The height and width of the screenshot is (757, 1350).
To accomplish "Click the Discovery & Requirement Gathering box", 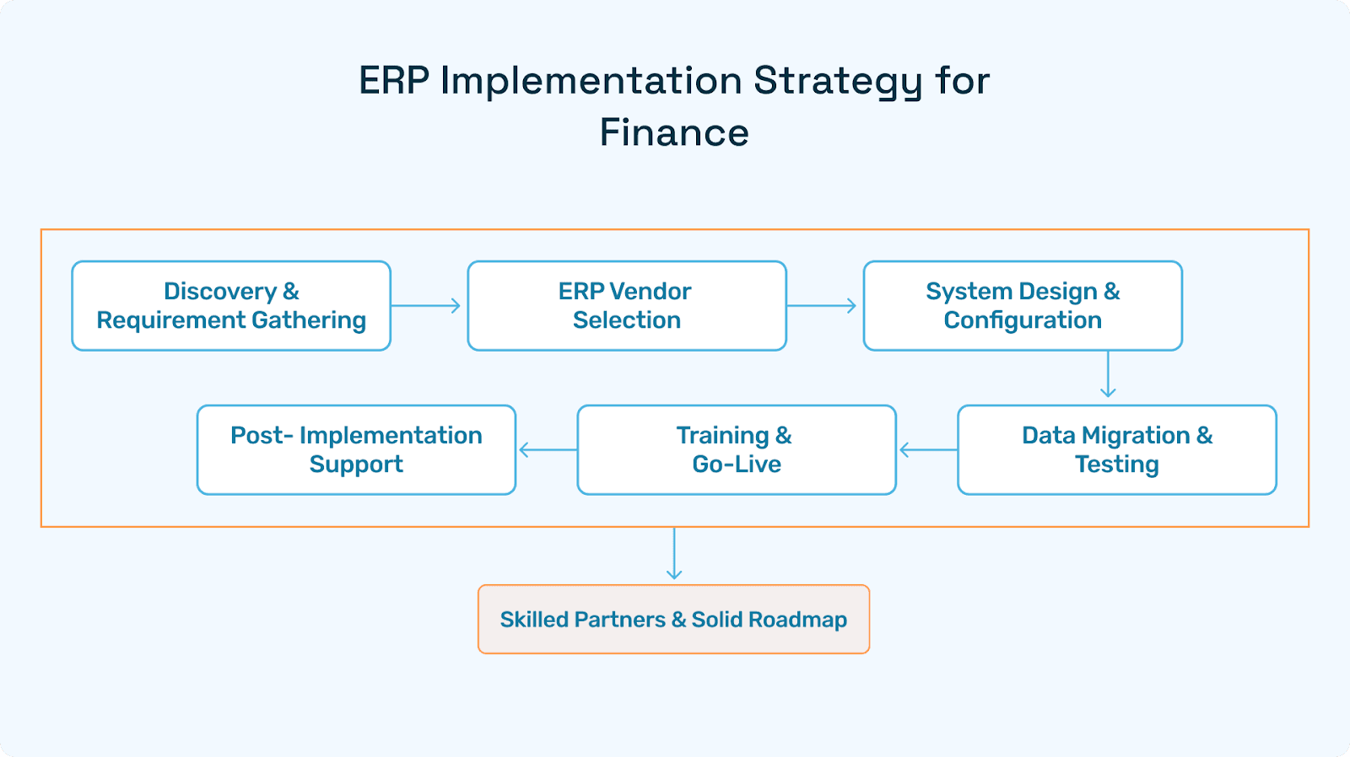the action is pyautogui.click(x=231, y=305).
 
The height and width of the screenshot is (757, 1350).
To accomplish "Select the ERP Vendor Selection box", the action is pyautogui.click(x=627, y=305).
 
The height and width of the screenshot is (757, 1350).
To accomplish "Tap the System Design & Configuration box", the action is pyautogui.click(x=1023, y=305).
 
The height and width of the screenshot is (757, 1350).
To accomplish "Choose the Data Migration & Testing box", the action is pyautogui.click(x=1117, y=449).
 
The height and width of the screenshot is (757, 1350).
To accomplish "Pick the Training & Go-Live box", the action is pyautogui.click(x=737, y=449).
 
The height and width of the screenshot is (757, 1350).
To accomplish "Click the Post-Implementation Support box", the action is pyautogui.click(x=356, y=449).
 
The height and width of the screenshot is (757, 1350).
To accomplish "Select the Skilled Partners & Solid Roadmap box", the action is pyautogui.click(x=673, y=620).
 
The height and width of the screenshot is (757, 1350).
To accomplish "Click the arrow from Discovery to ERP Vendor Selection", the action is pyautogui.click(x=427, y=305).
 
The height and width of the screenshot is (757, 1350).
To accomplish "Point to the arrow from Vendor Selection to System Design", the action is pyautogui.click(x=823, y=305).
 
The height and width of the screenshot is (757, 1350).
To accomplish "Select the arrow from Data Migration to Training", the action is pyautogui.click(x=927, y=450).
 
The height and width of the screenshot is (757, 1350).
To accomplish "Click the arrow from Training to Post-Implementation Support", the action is pyautogui.click(x=547, y=450).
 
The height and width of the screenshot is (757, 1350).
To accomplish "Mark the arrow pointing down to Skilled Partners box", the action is pyautogui.click(x=674, y=554).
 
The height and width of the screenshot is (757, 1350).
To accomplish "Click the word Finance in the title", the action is pyautogui.click(x=674, y=133).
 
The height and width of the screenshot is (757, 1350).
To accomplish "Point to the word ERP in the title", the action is pyautogui.click(x=393, y=82).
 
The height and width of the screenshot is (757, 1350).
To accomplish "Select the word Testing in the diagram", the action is pyautogui.click(x=1117, y=464).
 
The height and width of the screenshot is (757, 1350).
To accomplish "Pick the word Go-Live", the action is pyautogui.click(x=737, y=464).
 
